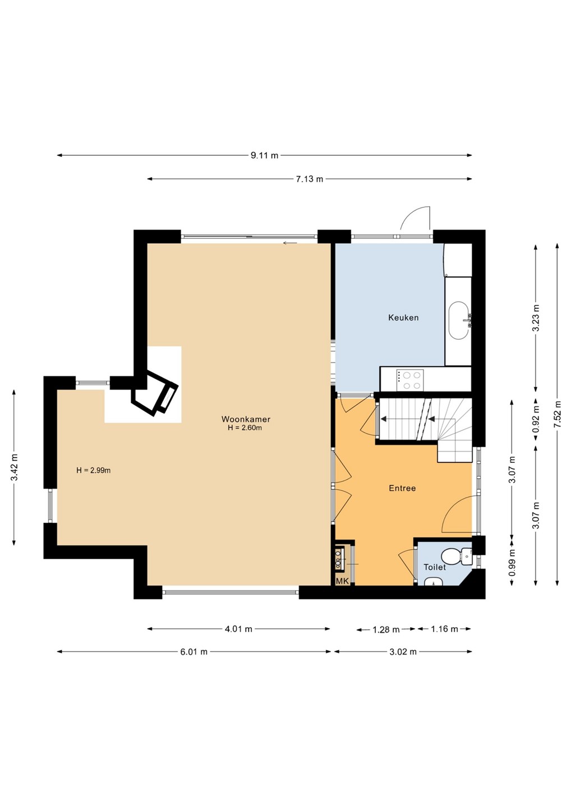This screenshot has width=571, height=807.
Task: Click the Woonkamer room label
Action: point(246,419)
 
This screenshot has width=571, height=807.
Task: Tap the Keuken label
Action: point(403,317)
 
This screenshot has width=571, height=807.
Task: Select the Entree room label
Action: point(402,488)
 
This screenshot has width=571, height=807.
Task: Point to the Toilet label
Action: point(435,567)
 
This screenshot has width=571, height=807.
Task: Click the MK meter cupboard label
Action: point(342,581)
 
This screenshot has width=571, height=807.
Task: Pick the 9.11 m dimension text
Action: point(265,156)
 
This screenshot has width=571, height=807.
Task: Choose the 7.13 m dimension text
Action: point(310,179)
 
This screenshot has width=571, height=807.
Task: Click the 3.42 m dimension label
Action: point(14,467)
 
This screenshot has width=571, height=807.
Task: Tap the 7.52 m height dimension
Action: point(558,414)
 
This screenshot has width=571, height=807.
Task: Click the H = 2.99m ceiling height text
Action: point(93,470)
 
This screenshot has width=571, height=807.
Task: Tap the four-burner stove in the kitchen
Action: point(410,380)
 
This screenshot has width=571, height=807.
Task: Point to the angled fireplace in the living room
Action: point(155,393)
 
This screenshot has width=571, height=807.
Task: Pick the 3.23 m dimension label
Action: point(536,318)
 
